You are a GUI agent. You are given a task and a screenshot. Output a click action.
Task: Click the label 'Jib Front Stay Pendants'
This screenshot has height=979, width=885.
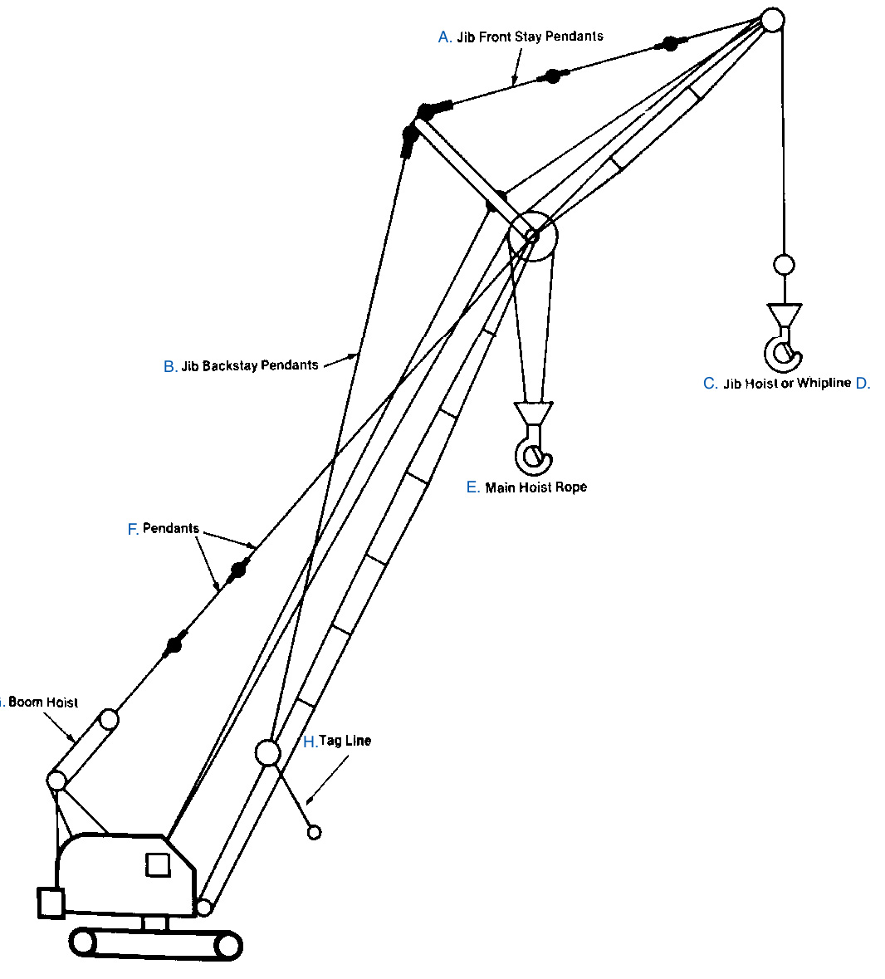tap(530, 37)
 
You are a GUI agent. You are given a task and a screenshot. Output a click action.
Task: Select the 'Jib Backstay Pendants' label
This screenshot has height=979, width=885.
tap(249, 365)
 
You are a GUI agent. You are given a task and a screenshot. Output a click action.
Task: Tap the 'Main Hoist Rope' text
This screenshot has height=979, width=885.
tap(535, 487)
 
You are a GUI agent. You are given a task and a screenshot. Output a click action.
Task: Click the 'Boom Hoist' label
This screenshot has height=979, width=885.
tap(43, 702)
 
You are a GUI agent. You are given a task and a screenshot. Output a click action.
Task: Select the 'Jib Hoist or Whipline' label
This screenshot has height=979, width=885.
tap(787, 383)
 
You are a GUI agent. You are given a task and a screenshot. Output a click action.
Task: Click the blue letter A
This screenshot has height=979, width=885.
tap(445, 37)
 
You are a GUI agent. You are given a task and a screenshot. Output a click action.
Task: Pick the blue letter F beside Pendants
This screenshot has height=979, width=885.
tap(133, 529)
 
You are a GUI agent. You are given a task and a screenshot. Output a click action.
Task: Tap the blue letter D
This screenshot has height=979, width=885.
tap(862, 383)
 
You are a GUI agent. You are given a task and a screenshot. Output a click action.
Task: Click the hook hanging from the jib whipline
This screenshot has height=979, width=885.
tap(783, 349)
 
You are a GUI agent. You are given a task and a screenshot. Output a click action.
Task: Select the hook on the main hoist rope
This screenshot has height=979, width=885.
tap(532, 449)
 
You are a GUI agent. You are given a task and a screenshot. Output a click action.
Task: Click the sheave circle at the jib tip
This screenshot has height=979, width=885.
tap(772, 19)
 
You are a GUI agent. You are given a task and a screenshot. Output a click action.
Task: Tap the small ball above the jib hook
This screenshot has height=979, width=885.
tap(783, 265)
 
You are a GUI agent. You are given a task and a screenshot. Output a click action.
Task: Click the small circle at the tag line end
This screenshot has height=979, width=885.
tap(314, 832)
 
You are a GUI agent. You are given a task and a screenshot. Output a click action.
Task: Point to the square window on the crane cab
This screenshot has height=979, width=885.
tap(158, 864)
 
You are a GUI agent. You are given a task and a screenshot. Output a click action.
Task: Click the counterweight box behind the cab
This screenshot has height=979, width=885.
tap(51, 903)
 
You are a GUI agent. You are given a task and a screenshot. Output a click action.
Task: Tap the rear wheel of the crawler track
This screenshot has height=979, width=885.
tap(83, 942)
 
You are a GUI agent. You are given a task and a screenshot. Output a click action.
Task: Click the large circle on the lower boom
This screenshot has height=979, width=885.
tap(267, 752)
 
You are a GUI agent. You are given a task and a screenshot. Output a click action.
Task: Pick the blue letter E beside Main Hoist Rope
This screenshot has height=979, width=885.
tap(472, 487)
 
